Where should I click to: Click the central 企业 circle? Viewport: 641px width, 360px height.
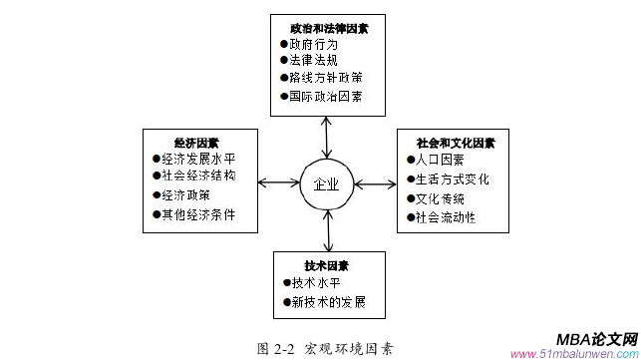pos(326,183)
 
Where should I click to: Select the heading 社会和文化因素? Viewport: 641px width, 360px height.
pos(455,143)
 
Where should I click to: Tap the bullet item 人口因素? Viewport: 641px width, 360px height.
pos(439,160)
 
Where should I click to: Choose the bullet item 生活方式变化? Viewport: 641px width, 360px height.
pos(452,180)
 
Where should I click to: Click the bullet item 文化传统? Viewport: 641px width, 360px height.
pos(439,198)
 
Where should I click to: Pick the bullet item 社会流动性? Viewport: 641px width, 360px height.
pos(445,217)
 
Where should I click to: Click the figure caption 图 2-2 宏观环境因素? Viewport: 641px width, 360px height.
pos(325,348)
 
